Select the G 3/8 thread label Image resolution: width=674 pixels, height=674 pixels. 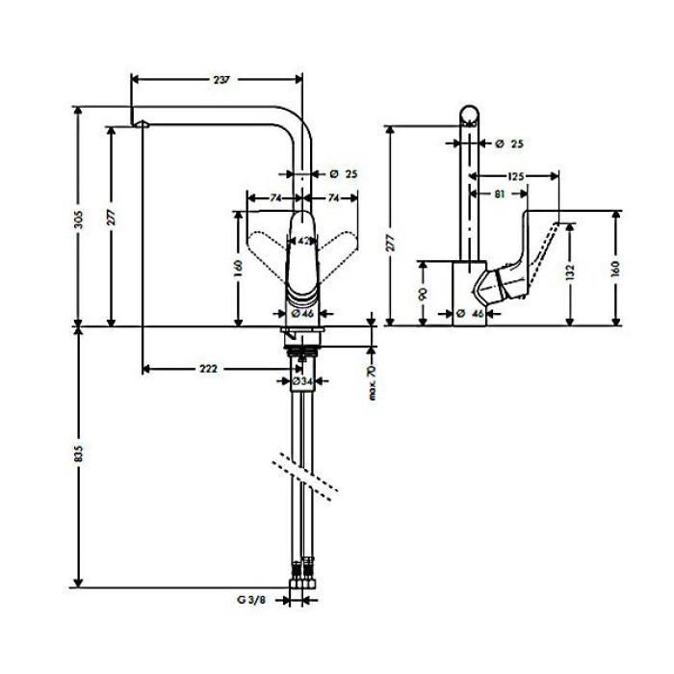click(249, 599)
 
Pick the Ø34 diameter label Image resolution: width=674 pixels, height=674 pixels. click(302, 382)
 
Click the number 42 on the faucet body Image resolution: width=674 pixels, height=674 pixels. click(302, 241)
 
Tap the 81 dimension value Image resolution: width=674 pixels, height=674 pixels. click(498, 194)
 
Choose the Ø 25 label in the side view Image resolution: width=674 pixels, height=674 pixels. click(507, 144)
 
